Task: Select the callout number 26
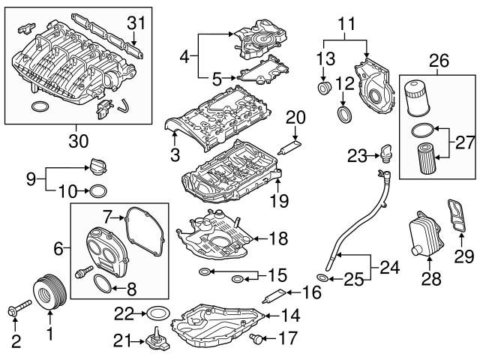tap(438, 58)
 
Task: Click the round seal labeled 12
tap(344, 115)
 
